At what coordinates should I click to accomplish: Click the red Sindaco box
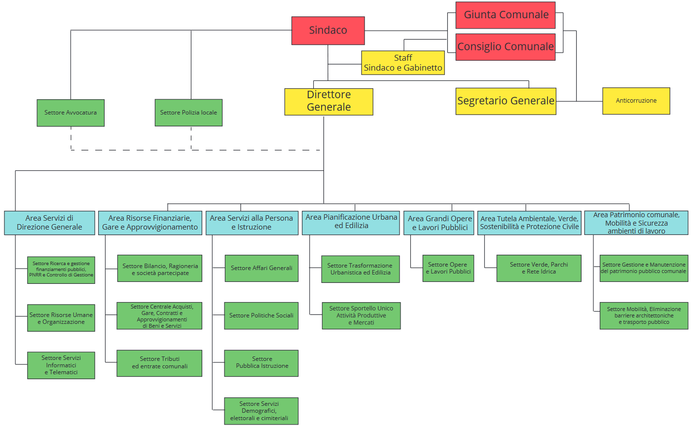click(328, 31)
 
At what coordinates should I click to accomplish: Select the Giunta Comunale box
click(506, 15)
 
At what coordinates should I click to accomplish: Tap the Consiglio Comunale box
click(506, 47)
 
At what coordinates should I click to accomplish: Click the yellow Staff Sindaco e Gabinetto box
click(403, 63)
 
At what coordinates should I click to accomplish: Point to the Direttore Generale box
click(329, 102)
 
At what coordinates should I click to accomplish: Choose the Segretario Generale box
click(506, 101)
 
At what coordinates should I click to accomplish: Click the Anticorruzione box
click(636, 101)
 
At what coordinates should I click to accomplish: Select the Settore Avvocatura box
click(71, 113)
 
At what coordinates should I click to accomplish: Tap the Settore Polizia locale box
click(188, 113)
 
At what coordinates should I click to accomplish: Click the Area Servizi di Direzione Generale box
click(49, 223)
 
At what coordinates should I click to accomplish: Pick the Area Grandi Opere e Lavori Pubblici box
click(440, 223)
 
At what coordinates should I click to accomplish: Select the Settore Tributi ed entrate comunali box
click(159, 363)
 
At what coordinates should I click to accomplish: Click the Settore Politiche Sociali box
click(261, 316)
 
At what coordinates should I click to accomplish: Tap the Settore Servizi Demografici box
click(261, 411)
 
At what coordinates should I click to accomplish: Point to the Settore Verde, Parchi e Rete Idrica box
click(539, 269)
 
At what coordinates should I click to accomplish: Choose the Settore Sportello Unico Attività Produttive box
click(361, 316)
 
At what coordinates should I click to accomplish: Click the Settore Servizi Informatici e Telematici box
click(61, 365)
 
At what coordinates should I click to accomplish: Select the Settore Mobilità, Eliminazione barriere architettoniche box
click(644, 316)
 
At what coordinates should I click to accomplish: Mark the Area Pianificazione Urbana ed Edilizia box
click(351, 223)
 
